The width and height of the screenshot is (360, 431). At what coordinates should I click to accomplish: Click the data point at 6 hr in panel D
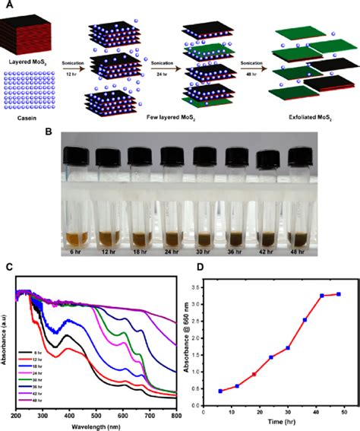pos(220,391)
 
